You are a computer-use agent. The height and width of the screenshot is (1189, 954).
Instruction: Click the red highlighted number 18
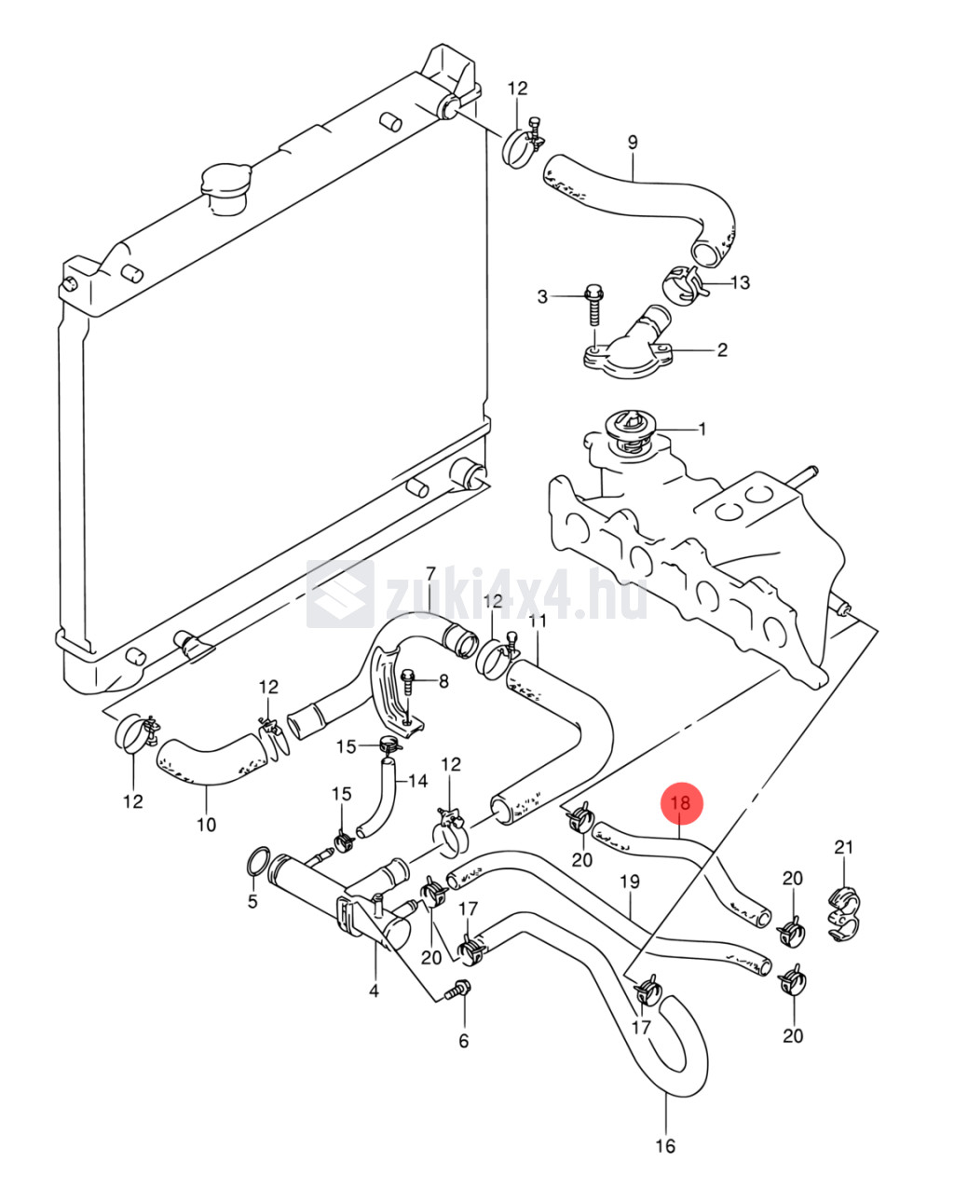coord(680,802)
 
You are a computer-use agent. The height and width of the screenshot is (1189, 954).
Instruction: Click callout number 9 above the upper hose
coord(633,143)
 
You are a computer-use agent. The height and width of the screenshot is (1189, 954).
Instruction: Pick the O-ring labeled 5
coord(260,862)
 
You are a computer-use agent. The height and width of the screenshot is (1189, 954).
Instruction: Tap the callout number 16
coord(665,1146)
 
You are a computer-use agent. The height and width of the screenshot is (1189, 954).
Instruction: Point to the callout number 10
coord(206,824)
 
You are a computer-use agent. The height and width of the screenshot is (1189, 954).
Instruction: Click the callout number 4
coord(374,991)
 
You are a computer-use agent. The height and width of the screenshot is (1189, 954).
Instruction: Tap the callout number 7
coord(430,572)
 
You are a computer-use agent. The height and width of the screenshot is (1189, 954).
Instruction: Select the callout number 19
coord(630,881)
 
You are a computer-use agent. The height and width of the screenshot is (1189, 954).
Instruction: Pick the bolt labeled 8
coord(409,681)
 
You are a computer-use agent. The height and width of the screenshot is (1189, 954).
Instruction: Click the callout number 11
coord(538,622)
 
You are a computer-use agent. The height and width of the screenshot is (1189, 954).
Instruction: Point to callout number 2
coord(721,350)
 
